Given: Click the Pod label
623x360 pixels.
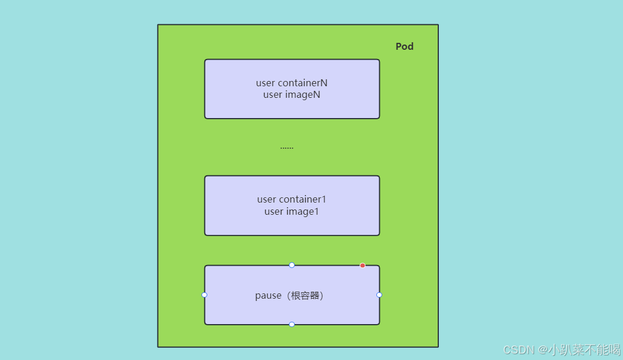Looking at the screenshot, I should tap(404, 46).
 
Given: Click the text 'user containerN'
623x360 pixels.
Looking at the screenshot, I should tap(292, 83).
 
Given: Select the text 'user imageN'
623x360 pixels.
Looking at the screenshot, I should tap(292, 95).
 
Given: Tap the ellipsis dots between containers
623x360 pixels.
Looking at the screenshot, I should tap(287, 148).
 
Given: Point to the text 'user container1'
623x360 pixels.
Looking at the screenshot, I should tap(292, 199).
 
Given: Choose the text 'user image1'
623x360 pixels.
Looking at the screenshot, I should tap(292, 211).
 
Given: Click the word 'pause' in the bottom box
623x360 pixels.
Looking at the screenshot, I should tap(268, 295).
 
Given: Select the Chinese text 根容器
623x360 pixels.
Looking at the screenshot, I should tap(303, 295).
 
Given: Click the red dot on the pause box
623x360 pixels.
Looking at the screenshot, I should tap(362, 266).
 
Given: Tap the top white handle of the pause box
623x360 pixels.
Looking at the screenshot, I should tap(292, 265).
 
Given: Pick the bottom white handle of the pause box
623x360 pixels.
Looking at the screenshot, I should tap(292, 325).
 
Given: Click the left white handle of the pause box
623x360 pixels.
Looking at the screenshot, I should tap(204, 295).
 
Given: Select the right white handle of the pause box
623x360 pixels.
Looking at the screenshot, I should tap(379, 295).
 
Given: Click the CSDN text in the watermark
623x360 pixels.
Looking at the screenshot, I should tap(519, 350).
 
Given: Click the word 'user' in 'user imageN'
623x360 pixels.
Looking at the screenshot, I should tap(273, 95).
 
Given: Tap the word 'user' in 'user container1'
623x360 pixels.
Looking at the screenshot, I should tap(267, 199).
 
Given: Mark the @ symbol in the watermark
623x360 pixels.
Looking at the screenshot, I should tap(543, 350).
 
